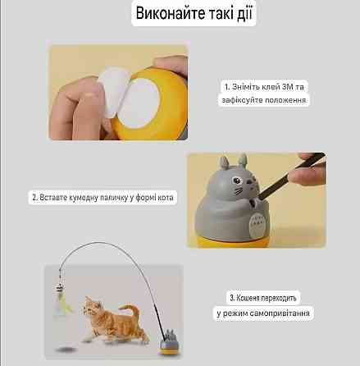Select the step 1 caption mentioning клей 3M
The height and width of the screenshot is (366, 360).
click(266, 85)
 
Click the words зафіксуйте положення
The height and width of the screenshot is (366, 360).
click(266, 100)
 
